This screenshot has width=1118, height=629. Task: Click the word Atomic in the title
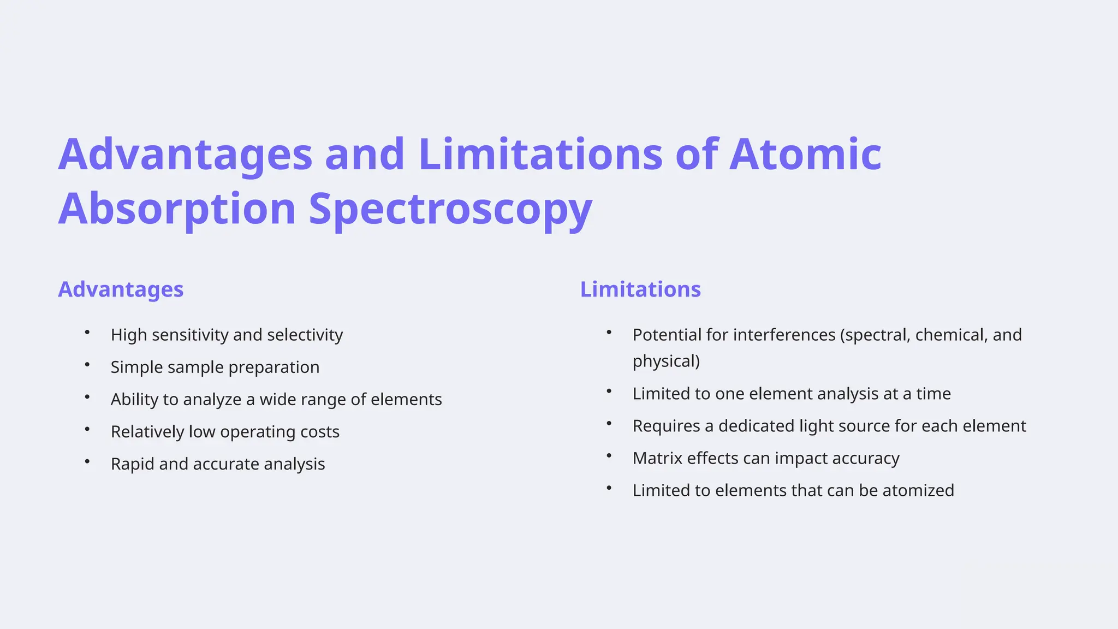click(805, 155)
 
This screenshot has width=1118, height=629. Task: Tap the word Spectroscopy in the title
click(450, 209)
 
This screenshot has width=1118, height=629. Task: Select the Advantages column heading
click(121, 289)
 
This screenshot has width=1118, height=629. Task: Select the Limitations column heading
click(640, 289)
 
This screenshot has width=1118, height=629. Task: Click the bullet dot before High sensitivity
click(87, 332)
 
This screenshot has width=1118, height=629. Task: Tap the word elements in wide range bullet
click(406, 399)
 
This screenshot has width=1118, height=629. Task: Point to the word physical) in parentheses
click(666, 361)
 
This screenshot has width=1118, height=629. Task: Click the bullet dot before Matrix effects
click(609, 455)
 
